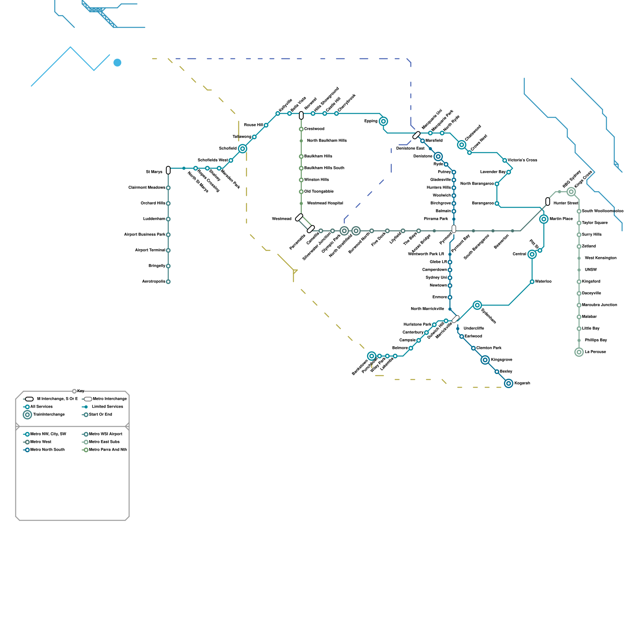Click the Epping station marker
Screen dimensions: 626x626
click(x=383, y=121)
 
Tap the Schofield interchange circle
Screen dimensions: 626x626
click(x=243, y=149)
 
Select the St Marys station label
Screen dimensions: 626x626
click(x=154, y=172)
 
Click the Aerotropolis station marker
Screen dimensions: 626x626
click(x=168, y=282)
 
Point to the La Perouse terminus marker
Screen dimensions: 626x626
click(x=579, y=352)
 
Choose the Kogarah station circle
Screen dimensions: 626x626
click(x=509, y=383)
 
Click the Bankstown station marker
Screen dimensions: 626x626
click(x=372, y=356)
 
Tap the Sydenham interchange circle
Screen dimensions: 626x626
click(x=477, y=305)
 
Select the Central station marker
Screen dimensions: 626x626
click(x=532, y=254)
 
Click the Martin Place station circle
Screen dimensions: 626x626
click(x=544, y=219)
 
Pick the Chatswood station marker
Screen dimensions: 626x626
click(x=462, y=145)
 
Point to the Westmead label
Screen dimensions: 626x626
click(x=282, y=219)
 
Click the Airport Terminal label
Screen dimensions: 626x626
click(x=150, y=250)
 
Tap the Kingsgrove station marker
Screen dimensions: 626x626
click(x=485, y=360)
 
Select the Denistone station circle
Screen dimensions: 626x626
click(x=438, y=156)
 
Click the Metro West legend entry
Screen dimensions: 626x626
click(x=41, y=442)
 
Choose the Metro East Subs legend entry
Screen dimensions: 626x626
click(x=104, y=442)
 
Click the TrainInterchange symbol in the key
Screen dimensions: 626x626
click(x=27, y=415)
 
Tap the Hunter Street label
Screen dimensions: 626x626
click(x=565, y=203)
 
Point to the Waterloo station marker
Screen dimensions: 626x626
click(x=532, y=282)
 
